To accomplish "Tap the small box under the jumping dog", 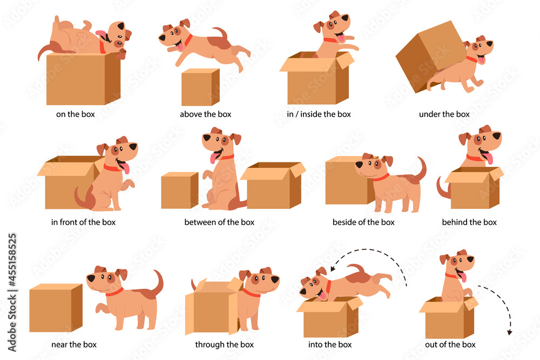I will tap(200, 88).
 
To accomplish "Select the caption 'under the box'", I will tap(444, 114).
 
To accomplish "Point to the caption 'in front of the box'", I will tap(83, 222).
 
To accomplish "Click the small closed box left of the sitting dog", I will tap(179, 191).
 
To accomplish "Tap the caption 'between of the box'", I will tap(219, 222).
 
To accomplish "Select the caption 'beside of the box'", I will tap(363, 222).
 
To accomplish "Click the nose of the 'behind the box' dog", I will tap(498, 135).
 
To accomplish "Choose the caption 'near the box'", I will tap(74, 344).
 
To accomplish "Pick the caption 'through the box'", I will tap(224, 344).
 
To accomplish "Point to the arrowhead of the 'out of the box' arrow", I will tap(510, 332).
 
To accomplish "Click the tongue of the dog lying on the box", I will tap(101, 35).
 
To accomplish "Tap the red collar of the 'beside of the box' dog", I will tap(381, 178).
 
